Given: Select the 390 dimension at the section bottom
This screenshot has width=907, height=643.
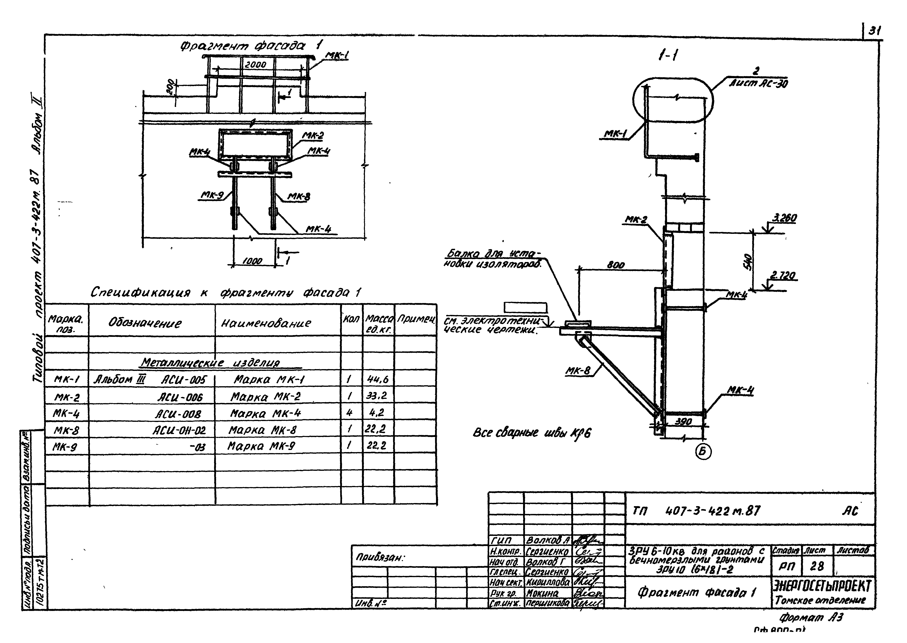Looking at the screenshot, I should [x=683, y=422].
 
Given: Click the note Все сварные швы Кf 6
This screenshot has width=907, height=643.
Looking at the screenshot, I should [x=531, y=433].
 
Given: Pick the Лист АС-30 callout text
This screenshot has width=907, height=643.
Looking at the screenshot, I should [x=759, y=84].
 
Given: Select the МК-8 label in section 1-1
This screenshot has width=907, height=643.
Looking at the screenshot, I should [x=577, y=371].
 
